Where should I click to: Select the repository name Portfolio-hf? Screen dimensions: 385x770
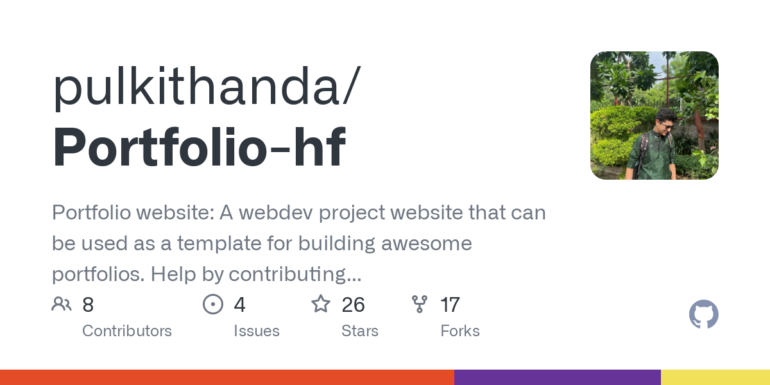click(199, 147)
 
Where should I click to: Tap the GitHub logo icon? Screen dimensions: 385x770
click(703, 315)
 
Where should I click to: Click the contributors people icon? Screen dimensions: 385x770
click(62, 304)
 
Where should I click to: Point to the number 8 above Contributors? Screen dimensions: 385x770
click(88, 305)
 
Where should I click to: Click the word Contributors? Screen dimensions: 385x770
click(127, 331)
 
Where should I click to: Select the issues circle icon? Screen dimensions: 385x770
click(212, 304)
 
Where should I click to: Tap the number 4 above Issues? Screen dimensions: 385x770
click(239, 305)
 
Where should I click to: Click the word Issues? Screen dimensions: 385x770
click(257, 331)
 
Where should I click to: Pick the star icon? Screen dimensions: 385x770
click(321, 304)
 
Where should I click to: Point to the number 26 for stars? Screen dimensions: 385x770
click(354, 305)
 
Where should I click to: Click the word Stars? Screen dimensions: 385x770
click(360, 331)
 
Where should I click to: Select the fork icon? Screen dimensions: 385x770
click(420, 304)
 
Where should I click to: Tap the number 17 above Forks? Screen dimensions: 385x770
click(450, 305)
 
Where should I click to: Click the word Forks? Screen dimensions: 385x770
click(460, 331)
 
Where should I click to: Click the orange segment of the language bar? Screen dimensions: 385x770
click(227, 377)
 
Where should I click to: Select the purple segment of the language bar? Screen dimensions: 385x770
click(557, 377)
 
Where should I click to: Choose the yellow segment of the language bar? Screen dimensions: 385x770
click(715, 377)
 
